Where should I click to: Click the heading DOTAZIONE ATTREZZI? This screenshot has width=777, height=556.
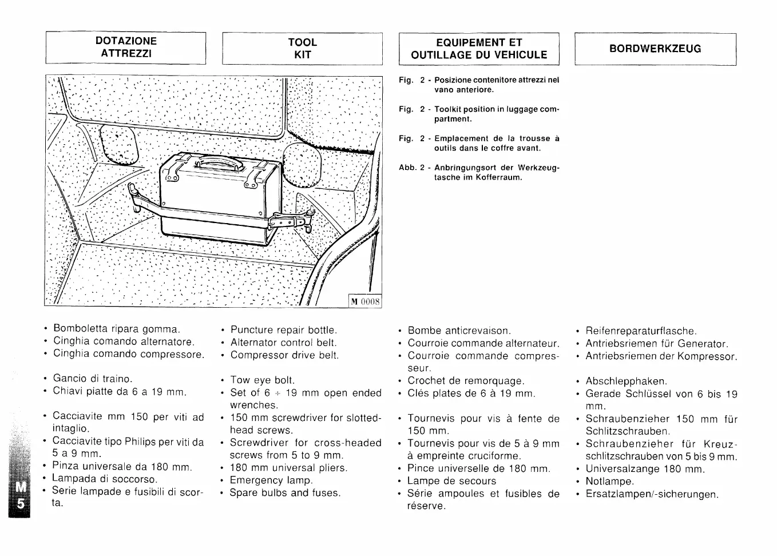coord(126,47)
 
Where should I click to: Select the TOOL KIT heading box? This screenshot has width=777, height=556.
coord(302,49)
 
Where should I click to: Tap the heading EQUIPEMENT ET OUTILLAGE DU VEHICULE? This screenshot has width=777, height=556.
coord(478,49)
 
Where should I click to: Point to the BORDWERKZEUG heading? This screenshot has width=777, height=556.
coord(655,49)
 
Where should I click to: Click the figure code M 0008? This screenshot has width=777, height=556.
coord(365,301)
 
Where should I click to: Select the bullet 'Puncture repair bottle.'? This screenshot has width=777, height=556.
coord(284,330)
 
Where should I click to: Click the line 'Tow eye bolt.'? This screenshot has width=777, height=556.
coord(262,380)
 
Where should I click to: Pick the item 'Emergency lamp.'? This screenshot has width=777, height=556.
coord(271,480)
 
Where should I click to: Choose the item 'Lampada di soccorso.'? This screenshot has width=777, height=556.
coord(105,479)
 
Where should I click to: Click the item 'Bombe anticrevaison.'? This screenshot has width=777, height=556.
coord(459,331)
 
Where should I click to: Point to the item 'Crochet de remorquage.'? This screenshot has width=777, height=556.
coord(466,381)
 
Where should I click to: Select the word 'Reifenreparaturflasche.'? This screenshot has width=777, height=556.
coord(641,331)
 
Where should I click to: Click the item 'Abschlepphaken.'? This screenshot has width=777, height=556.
coord(626,382)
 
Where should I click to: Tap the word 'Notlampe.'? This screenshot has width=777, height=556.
coord(610,482)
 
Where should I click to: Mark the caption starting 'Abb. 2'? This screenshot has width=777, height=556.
coord(479,172)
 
